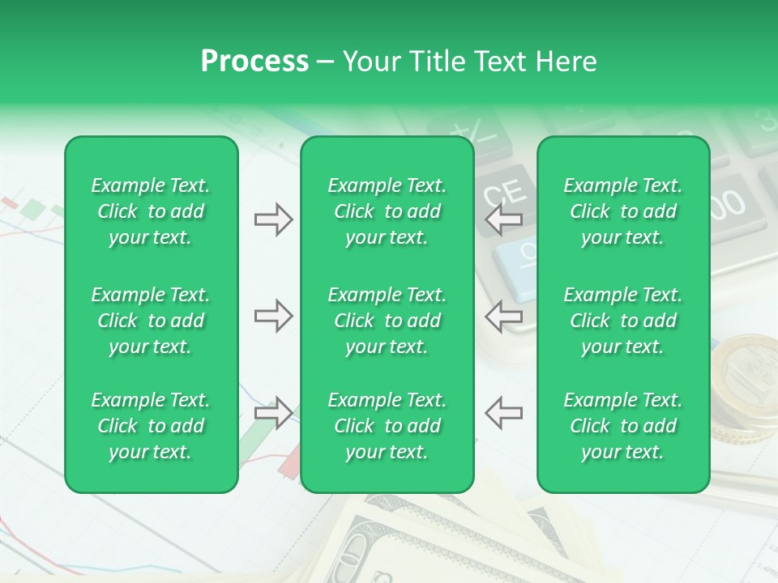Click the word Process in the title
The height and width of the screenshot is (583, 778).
[x=254, y=62]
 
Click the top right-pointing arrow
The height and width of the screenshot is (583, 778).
[x=273, y=219]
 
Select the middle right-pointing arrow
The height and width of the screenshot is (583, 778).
[x=273, y=316]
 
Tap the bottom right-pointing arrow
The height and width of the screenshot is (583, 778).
[x=273, y=412]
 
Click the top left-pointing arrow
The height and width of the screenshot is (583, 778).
[x=504, y=219]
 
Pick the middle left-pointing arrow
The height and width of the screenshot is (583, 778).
[x=504, y=316]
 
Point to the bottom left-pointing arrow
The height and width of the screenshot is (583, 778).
[x=504, y=412]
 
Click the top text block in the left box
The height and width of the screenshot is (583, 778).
[x=151, y=211]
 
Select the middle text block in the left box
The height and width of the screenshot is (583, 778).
[x=151, y=321]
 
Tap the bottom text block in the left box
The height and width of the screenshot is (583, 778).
[x=151, y=426]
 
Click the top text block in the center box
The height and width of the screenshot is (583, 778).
[x=387, y=211]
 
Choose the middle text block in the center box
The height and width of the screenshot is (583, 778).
[x=387, y=321]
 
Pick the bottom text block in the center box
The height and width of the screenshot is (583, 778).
[x=387, y=426]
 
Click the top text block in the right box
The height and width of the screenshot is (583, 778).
[x=623, y=211]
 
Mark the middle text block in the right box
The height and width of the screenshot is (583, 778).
[x=623, y=321]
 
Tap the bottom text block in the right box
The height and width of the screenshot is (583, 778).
[x=623, y=426]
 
